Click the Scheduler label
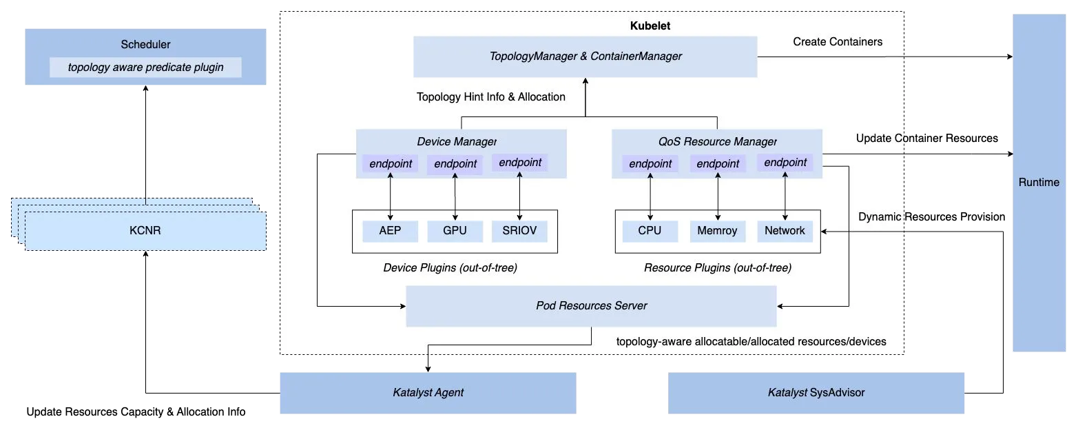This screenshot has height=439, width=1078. (145, 45)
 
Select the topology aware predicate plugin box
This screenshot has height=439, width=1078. (145, 68)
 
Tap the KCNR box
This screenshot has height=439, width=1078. (145, 231)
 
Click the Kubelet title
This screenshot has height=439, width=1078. (650, 25)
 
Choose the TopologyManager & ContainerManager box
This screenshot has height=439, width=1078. (585, 57)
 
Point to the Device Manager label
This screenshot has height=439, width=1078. (456, 141)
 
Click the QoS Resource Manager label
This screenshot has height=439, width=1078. (717, 141)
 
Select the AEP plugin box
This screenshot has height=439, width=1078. (390, 231)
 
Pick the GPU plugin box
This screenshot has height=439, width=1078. (455, 231)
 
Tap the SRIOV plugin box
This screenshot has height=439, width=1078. (519, 231)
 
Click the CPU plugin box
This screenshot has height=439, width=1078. (650, 231)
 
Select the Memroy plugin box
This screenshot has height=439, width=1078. (718, 231)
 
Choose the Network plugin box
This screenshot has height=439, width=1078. (785, 231)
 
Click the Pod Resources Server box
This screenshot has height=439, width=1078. (591, 306)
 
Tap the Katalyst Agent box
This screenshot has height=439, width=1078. (427, 393)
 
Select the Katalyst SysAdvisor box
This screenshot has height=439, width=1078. (818, 393)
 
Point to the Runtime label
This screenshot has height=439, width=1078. (1039, 183)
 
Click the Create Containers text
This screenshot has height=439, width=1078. (837, 42)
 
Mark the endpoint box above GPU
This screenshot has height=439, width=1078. (455, 164)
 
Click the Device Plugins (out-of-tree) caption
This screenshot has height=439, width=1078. (450, 268)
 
